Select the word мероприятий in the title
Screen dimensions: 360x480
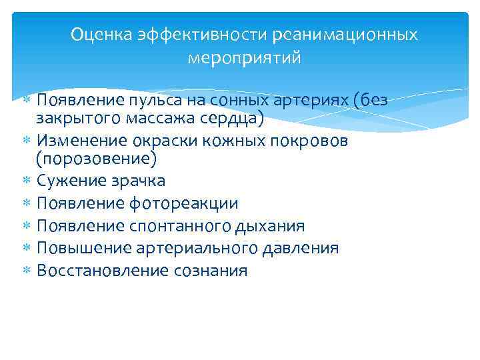245,58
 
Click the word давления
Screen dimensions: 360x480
304,249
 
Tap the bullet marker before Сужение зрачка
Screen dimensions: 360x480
27,181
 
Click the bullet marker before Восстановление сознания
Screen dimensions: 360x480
27,271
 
